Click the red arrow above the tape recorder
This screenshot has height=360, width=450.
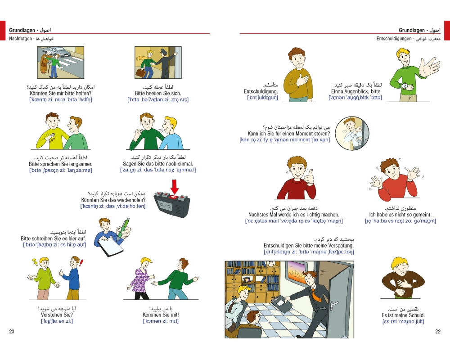[174, 187]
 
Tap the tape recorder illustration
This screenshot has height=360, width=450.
[171, 205]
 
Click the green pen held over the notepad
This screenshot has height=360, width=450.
[123, 229]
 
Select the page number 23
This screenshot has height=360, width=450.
[12, 331]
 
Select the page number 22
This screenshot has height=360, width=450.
[438, 331]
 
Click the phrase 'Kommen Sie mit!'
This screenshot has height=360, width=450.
[161, 315]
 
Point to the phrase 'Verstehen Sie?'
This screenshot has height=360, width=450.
[57, 315]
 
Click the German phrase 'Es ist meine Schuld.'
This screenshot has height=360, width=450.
[403, 315]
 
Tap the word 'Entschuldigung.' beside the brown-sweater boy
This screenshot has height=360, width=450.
[261, 91]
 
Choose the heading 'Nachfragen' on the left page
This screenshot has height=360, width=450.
[20, 38]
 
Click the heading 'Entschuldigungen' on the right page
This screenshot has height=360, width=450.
[394, 38]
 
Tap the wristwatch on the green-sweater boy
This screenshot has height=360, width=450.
[405, 86]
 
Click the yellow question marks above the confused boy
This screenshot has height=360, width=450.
[35, 262]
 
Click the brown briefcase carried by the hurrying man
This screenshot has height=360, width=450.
[140, 73]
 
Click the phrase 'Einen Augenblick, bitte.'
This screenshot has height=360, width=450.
[356, 91]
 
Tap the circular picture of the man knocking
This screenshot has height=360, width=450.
[352, 133]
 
